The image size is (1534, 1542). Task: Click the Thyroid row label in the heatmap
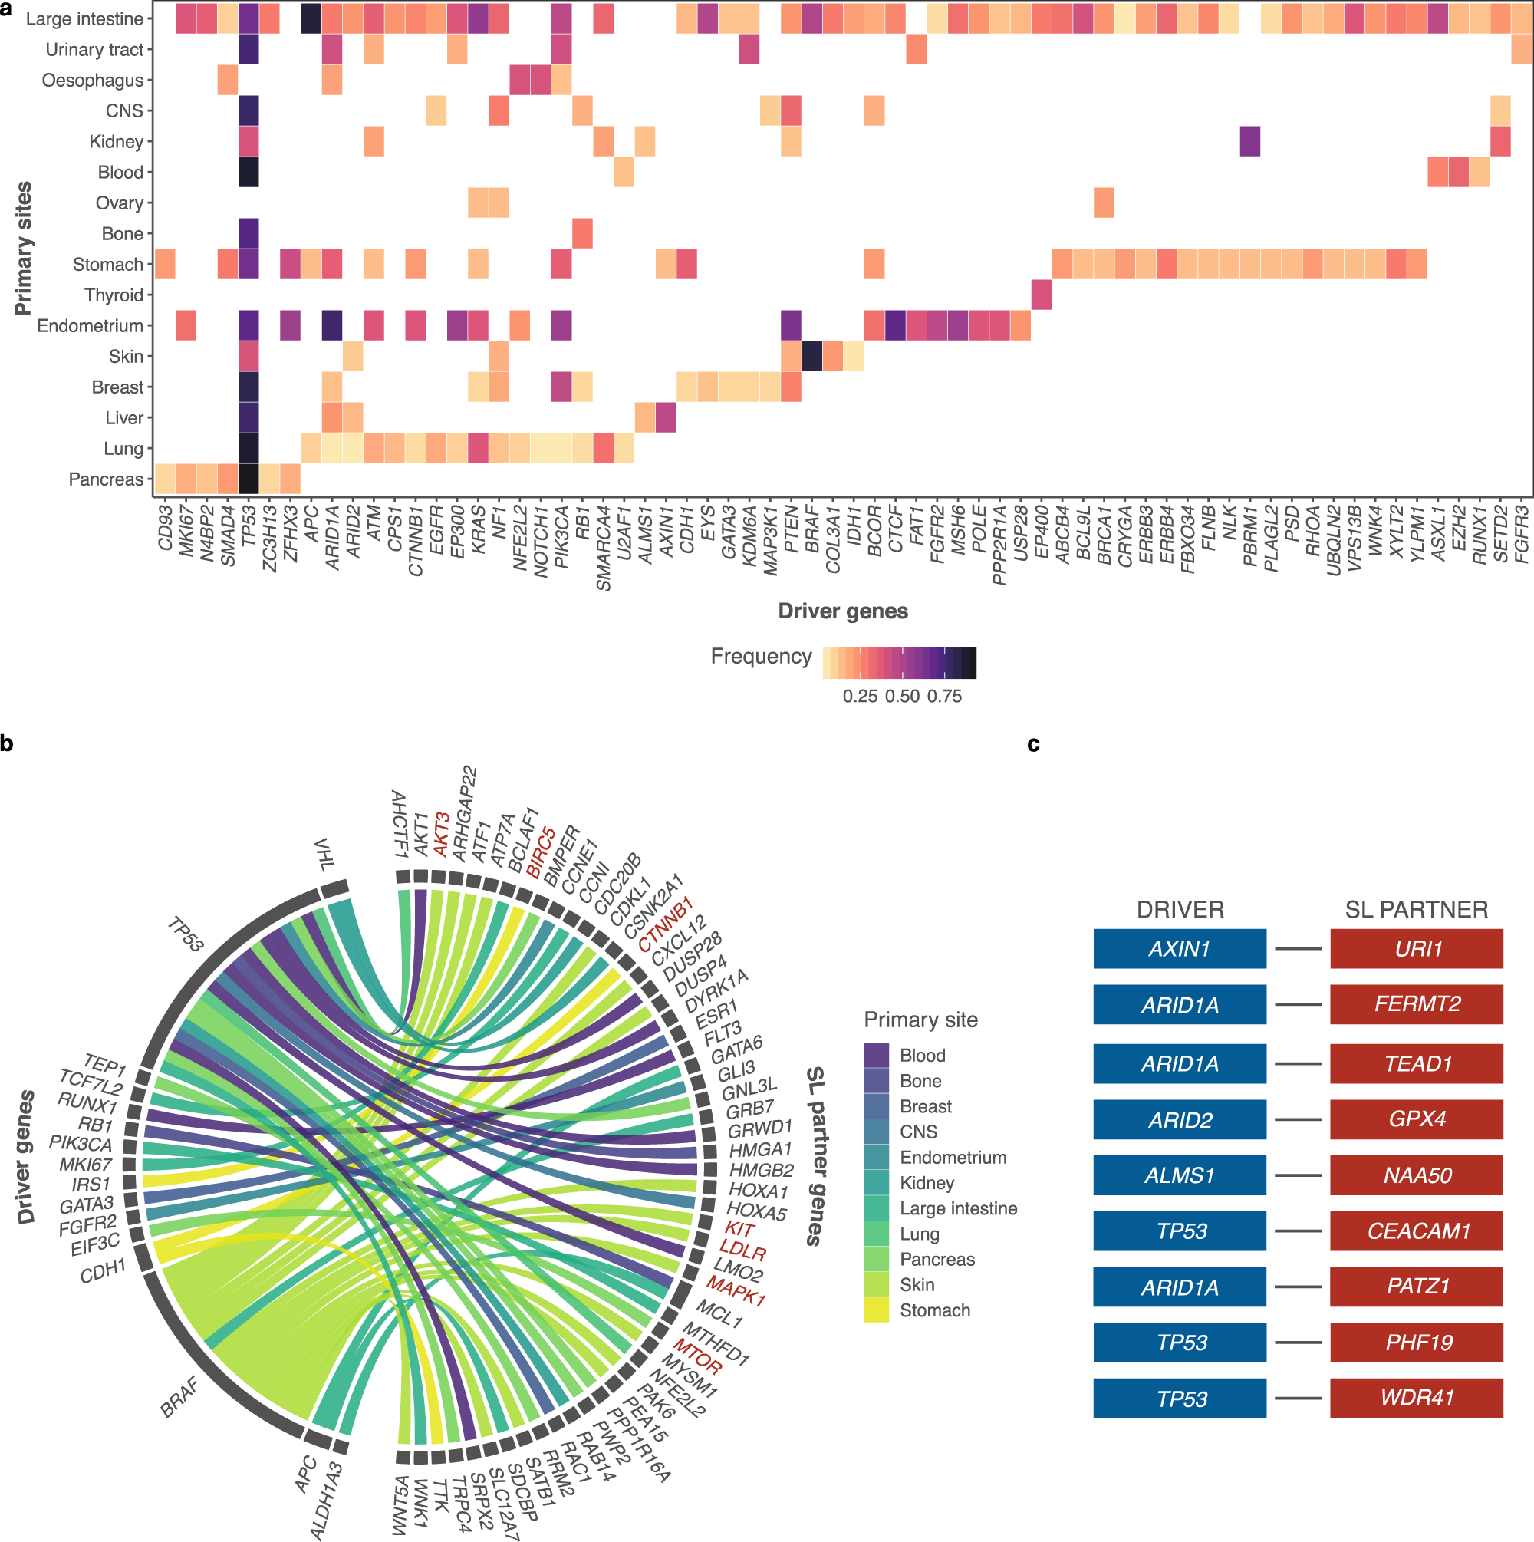pos(114,295)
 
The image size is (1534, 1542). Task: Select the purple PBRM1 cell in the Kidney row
pos(1250,141)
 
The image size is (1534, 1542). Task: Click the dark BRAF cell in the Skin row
pos(811,356)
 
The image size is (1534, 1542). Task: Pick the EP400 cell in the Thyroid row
pos(1041,295)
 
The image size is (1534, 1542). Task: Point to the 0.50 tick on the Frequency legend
pos(902,696)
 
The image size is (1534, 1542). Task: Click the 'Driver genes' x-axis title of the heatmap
pos(843,611)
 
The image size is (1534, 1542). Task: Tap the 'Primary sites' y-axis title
pos(24,249)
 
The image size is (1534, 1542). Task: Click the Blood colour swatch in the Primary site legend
pos(876,1054)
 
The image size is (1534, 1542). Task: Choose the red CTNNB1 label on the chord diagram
pos(665,924)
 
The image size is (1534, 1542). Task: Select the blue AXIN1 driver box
pos(1179,948)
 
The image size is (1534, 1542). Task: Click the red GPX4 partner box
pos(1416,1119)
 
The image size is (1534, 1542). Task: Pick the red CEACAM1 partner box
pos(1416,1231)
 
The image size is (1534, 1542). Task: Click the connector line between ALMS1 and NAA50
pos(1298,1175)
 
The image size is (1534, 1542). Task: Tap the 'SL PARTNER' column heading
pos(1416,909)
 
